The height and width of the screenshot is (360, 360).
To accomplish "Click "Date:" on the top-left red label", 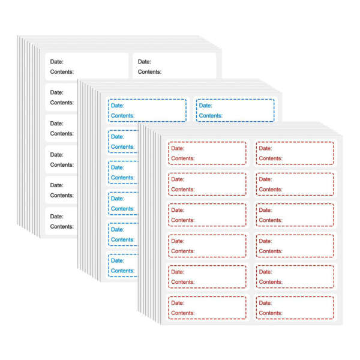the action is click(178, 148).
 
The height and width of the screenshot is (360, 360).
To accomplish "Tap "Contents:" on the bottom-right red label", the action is click(271, 313).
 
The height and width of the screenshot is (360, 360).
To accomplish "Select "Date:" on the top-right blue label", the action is click(205, 106).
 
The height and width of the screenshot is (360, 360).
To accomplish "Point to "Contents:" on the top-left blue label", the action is click(122, 116).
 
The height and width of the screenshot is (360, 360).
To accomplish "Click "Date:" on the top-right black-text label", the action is click(145, 62).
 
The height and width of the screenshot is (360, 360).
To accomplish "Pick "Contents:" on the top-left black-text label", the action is click(62, 72).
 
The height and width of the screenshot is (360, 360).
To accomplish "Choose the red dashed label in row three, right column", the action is click(295, 215).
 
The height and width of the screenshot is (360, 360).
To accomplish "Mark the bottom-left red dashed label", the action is click(208, 308).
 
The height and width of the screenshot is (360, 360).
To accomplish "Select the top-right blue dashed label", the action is click(235, 110).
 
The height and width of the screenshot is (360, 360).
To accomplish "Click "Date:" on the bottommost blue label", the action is click(118, 260).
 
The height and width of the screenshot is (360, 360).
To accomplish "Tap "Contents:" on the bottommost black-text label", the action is click(62, 227).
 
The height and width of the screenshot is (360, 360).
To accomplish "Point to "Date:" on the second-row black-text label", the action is click(57, 92).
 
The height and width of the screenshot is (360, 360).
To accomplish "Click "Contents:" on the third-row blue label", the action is click(122, 178).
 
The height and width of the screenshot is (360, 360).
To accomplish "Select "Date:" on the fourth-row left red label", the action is click(178, 241).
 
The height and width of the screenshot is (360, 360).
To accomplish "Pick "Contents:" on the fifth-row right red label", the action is click(271, 282).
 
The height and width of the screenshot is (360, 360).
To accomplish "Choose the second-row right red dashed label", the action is click(295, 184).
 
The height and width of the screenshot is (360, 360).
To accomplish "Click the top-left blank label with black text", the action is click(87, 66).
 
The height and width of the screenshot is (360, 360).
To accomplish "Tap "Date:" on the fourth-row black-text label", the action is click(57, 155).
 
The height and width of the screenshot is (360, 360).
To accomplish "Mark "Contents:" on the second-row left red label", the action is click(183, 190).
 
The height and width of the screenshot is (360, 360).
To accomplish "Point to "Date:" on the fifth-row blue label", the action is click(118, 230).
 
